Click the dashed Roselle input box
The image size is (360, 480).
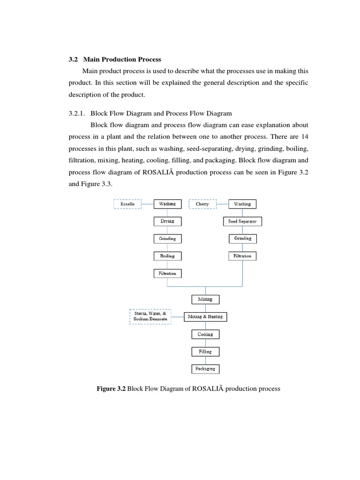[x=127, y=204]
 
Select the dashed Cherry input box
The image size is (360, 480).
[x=202, y=204]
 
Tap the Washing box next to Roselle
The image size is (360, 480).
[x=167, y=204]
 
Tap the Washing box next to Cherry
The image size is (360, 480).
[x=242, y=204]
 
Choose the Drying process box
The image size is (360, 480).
[x=167, y=221]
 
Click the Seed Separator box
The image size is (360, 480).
[x=242, y=221]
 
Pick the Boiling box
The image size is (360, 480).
[x=167, y=256]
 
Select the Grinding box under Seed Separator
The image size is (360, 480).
[x=242, y=239]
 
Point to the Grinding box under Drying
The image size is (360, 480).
[x=167, y=239]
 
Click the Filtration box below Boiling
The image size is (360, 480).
[x=167, y=273]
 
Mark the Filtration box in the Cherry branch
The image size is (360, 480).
[x=242, y=256]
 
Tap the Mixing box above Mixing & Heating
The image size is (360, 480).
[x=205, y=299]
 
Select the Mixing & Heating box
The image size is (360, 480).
[x=205, y=317]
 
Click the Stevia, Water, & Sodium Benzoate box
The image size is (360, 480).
[x=150, y=316]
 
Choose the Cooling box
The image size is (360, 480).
[x=205, y=334]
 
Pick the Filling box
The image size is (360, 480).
[x=205, y=352]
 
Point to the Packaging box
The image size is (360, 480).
[x=205, y=369]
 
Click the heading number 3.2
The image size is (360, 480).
[x=73, y=60]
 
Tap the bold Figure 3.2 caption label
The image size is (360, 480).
[x=112, y=389]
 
